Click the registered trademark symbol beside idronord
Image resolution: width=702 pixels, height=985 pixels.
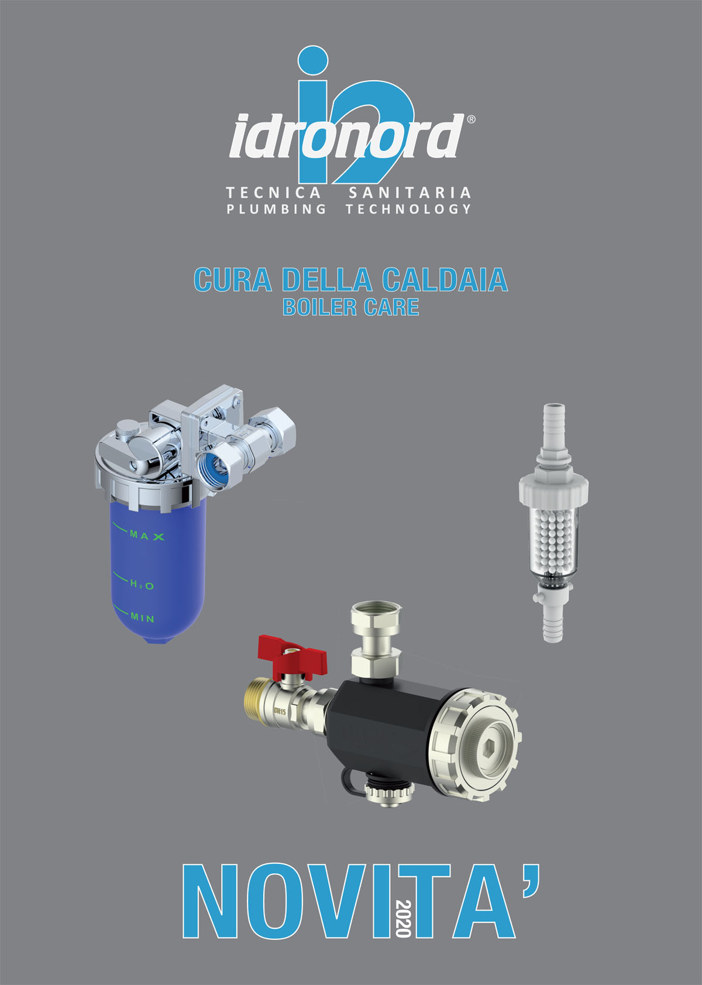pyautogui.click(x=471, y=119)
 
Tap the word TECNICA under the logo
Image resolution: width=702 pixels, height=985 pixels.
pyautogui.click(x=273, y=193)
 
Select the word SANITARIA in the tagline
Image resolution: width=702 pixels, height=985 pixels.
pyautogui.click(x=409, y=193)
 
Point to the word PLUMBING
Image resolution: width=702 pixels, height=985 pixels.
pyautogui.click(x=276, y=209)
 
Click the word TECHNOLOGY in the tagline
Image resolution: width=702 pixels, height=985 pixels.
pyautogui.click(x=408, y=209)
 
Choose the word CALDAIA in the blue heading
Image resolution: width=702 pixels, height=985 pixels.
pyautogui.click(x=445, y=280)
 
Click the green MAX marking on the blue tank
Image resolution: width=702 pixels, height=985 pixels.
pyautogui.click(x=147, y=536)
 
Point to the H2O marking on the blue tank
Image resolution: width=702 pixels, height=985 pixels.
pyautogui.click(x=142, y=585)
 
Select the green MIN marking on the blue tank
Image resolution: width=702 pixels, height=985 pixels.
pyautogui.click(x=142, y=618)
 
